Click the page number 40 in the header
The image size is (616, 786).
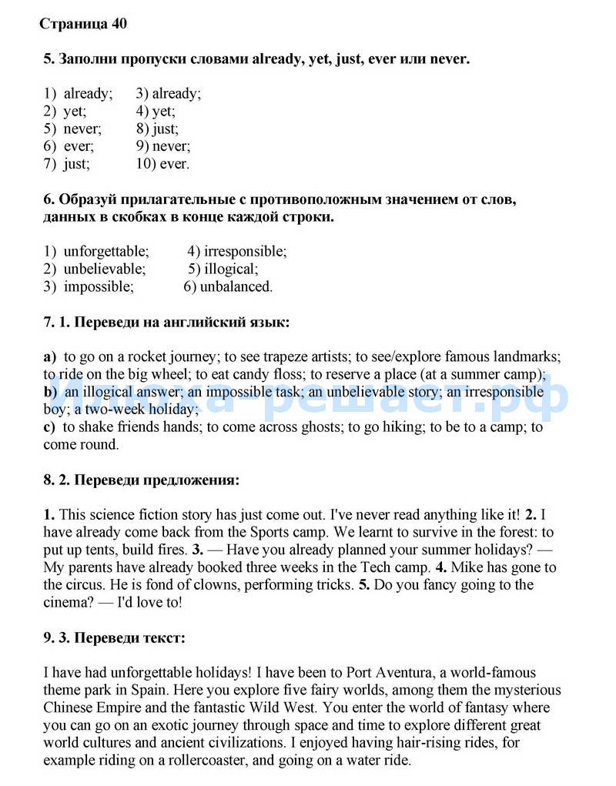pos(119,24)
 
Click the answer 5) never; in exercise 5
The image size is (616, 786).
pos(72,129)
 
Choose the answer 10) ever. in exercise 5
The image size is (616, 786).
pos(162,164)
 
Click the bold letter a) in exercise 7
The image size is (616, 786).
pos(50,357)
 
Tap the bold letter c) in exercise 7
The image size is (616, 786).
pos(49,427)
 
